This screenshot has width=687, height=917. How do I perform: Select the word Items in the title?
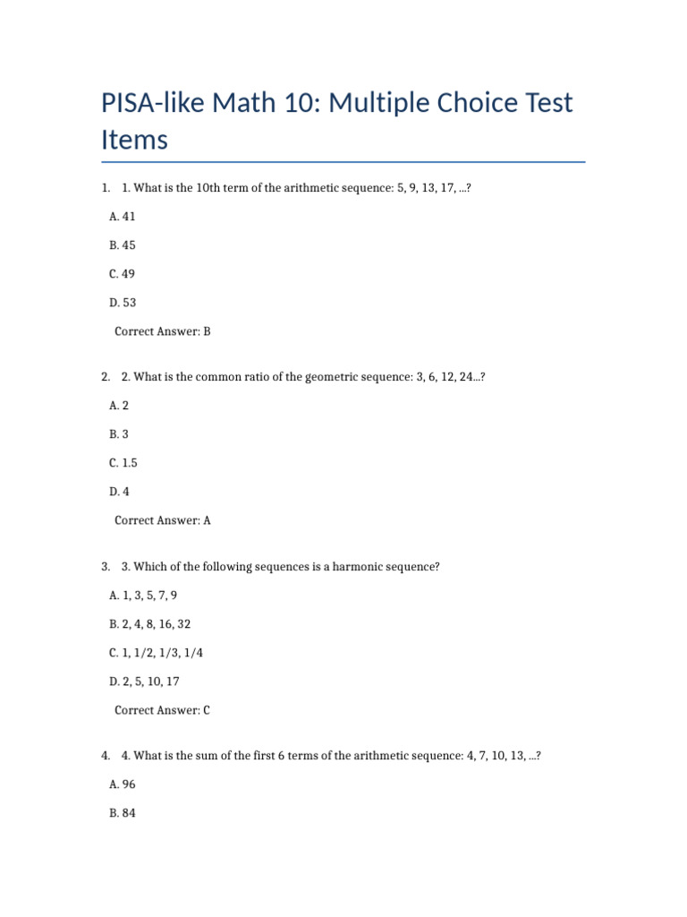tap(134, 141)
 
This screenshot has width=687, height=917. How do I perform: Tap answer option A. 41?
tap(123, 216)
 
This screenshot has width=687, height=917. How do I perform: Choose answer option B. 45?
tap(123, 244)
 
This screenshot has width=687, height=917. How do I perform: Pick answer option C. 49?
tap(123, 273)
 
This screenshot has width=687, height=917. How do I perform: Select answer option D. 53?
tap(123, 303)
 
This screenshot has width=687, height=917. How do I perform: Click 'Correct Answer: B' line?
tap(163, 331)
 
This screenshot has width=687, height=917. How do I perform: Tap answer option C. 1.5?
tap(123, 463)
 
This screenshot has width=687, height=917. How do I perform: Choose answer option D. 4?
tap(119, 492)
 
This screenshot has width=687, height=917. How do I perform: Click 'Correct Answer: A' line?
tap(163, 520)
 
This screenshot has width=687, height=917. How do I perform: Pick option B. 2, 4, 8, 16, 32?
tap(149, 624)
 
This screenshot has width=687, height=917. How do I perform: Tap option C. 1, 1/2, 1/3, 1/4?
tap(156, 653)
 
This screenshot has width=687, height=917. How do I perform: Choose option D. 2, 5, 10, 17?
tap(144, 681)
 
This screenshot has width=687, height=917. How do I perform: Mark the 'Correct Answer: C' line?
tap(163, 710)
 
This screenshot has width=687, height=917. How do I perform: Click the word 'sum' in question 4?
tap(208, 756)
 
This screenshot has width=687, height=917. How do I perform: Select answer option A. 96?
tap(123, 784)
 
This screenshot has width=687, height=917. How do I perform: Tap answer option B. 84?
tap(123, 813)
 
